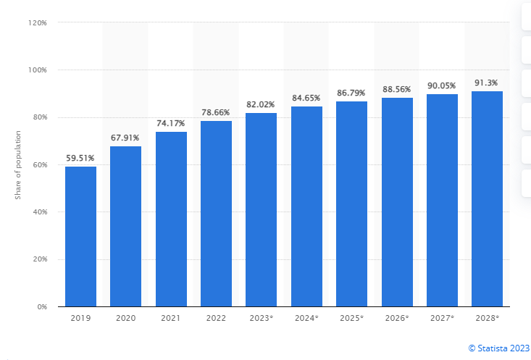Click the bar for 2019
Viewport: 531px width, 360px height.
80,236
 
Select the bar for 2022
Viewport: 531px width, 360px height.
216,214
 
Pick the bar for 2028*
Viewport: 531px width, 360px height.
487,198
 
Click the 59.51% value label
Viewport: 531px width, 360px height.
80,158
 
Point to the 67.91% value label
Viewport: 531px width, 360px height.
125,138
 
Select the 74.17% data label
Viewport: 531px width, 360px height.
171,123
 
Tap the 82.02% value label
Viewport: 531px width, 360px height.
261,104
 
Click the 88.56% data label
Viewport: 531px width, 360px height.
396,89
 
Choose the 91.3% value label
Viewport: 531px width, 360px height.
487,83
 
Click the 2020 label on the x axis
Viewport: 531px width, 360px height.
125,319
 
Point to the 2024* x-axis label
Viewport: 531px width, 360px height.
306,319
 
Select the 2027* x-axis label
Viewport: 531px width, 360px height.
442,319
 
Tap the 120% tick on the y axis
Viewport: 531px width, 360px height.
38,23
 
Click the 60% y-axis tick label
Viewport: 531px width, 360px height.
39,165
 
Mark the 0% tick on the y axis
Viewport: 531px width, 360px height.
41,307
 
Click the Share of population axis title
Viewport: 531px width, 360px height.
17,165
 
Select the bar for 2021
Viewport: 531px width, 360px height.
171,219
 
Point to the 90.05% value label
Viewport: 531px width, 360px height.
442,85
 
